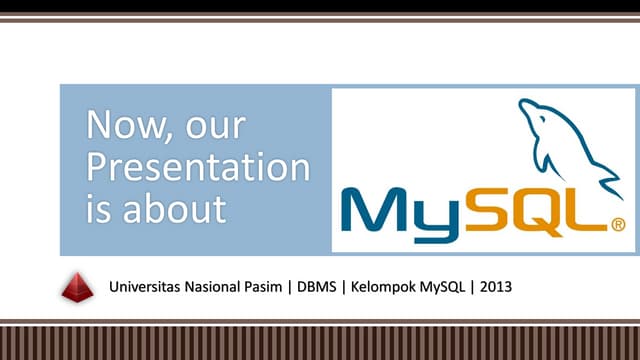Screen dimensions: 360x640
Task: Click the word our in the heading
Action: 213,127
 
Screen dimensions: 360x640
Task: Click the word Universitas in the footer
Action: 146,287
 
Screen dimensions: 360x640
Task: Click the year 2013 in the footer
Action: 496,287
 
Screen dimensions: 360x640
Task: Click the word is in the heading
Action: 98,209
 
